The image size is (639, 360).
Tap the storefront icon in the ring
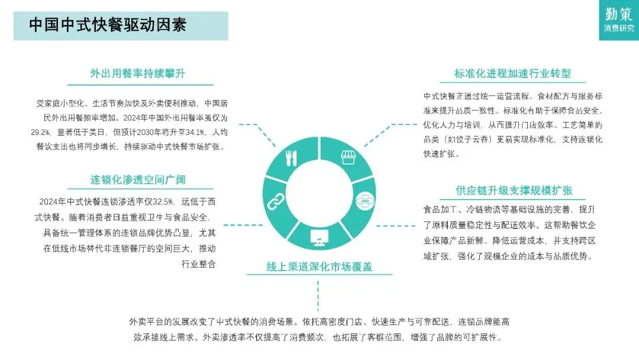pyautogui.click(x=348, y=157)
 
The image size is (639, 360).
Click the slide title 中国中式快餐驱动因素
pyautogui.click(x=108, y=25)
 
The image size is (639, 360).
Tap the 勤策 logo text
pyautogui.click(x=619, y=13)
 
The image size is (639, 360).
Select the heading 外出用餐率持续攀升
pyautogui.click(x=138, y=73)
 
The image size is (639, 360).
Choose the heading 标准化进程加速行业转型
pyautogui.click(x=512, y=73)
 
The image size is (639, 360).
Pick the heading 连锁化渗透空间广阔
pyautogui.click(x=138, y=179)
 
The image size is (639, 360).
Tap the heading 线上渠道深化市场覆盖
pyautogui.click(x=319, y=267)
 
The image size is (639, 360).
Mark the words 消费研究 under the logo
pyautogui.click(x=619, y=28)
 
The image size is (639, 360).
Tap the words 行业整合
pyautogui.click(x=198, y=264)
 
